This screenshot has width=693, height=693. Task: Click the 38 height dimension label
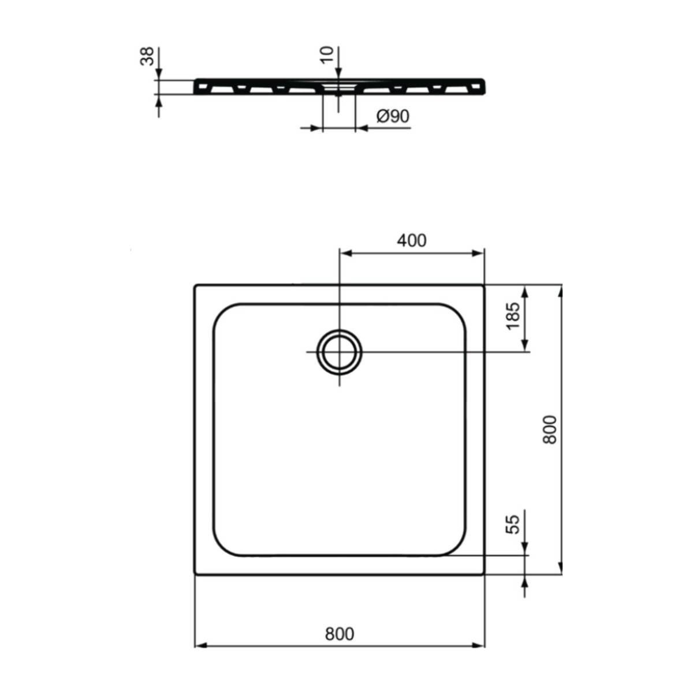[148, 57]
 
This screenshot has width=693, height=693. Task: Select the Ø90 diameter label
[393, 117]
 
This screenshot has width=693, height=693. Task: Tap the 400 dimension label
[411, 240]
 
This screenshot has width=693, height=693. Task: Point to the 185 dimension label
[513, 316]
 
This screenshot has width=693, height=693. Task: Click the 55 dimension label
[513, 524]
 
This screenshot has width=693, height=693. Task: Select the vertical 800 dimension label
[550, 429]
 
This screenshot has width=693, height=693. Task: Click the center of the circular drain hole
[340, 352]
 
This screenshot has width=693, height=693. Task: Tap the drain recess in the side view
[339, 87]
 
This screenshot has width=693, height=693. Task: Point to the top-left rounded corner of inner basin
[222, 312]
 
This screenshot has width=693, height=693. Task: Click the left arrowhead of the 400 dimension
[344, 253]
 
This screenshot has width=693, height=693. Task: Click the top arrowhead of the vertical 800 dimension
[560, 290]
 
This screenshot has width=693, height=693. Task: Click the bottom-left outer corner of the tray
[195, 574]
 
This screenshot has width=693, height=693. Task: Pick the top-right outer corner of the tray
[484, 285]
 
